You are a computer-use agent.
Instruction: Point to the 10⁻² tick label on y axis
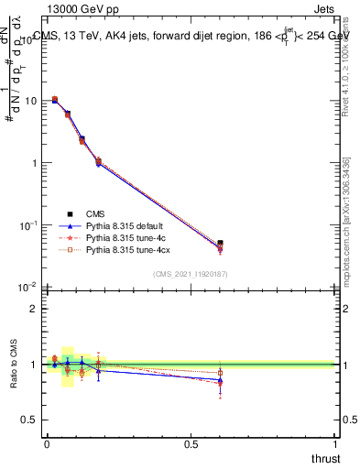[27, 287]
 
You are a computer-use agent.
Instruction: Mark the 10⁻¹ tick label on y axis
[27, 224]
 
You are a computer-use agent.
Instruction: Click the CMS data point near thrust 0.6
[220, 244]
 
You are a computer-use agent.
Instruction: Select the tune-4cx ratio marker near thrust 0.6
[220, 373]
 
